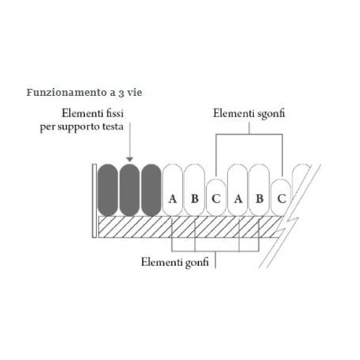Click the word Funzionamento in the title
(x=63, y=92)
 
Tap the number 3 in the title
(x=121, y=93)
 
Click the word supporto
(x=79, y=127)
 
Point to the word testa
(x=114, y=127)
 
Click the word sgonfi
(x=271, y=114)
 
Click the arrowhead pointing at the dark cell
(x=130, y=160)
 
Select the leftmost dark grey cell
(x=108, y=190)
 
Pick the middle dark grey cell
(x=130, y=190)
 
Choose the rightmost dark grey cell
(x=151, y=190)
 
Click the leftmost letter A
(x=172, y=199)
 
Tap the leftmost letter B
(x=195, y=199)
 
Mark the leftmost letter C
(x=216, y=199)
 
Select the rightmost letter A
(x=238, y=199)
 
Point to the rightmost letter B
(x=259, y=199)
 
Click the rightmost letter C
(x=281, y=199)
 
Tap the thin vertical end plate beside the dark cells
(x=94, y=201)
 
